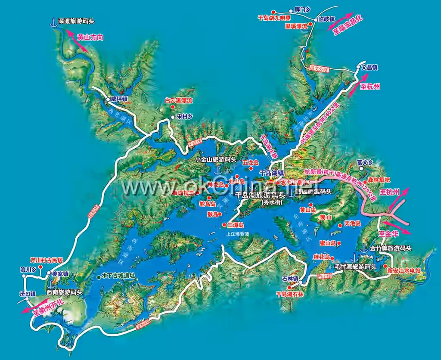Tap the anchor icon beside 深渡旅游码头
click(x=54, y=22)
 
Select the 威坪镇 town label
click(x=119, y=99)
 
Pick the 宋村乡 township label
click(x=183, y=116)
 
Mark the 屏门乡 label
click(x=302, y=9)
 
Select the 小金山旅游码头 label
click(x=215, y=159)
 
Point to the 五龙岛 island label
click(x=250, y=163)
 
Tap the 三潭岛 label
click(x=235, y=225)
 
